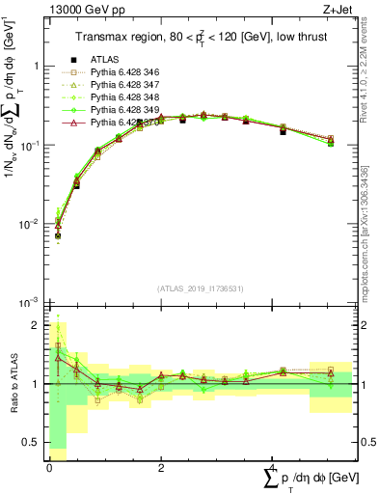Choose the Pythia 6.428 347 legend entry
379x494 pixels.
tap(120, 84)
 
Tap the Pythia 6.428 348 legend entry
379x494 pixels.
tap(120, 96)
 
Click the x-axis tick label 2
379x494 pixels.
tap(160, 467)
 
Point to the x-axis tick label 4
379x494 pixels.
tap(271, 467)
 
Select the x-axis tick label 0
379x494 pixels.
tap(49, 467)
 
